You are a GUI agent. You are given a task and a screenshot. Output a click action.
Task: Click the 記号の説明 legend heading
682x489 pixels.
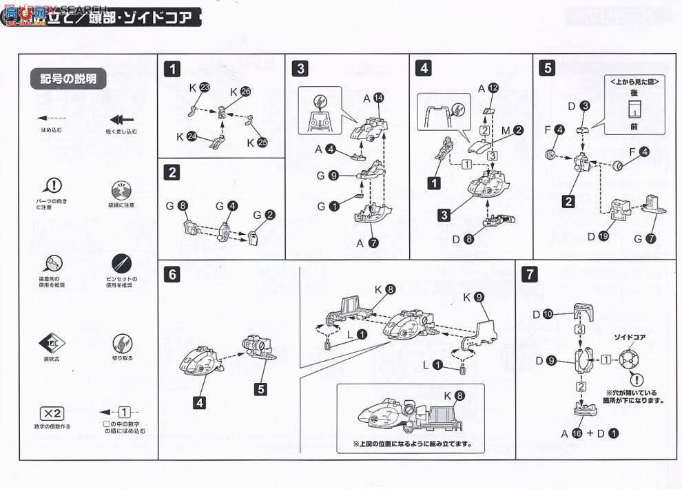(68, 79)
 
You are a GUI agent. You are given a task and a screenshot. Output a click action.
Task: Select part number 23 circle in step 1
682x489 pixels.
(205, 87)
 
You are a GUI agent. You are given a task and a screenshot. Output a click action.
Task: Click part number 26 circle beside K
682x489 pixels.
(246, 92)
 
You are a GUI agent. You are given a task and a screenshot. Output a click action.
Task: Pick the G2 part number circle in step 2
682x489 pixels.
(270, 214)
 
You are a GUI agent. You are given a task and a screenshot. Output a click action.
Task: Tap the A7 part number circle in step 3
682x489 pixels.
(373, 242)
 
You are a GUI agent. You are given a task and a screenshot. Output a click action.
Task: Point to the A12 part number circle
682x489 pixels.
(492, 87)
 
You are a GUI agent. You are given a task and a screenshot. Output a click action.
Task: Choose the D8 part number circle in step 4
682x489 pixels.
(469, 240)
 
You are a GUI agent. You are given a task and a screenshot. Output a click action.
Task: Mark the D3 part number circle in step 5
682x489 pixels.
(584, 105)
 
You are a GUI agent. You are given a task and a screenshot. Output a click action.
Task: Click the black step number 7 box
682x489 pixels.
(529, 275)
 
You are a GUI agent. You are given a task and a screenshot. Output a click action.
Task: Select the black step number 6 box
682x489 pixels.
(172, 275)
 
